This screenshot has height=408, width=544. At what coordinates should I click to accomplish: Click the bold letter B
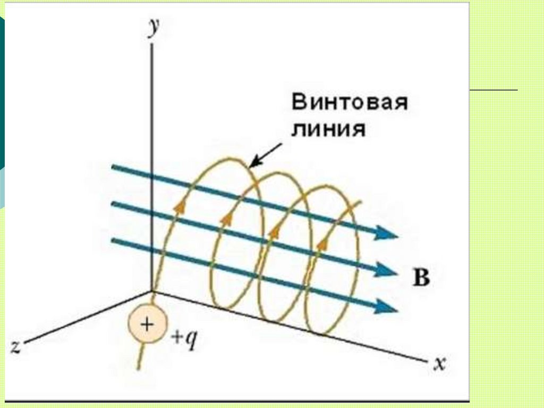coord(421,278)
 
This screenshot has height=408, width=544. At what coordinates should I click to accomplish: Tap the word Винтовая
coord(350,102)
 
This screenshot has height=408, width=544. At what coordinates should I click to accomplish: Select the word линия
coord(328,129)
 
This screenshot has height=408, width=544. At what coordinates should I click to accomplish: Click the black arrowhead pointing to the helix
coord(253,161)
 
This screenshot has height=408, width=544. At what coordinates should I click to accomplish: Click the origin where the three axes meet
coord(153,291)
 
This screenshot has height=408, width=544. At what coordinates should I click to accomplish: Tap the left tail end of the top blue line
coord(113,168)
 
